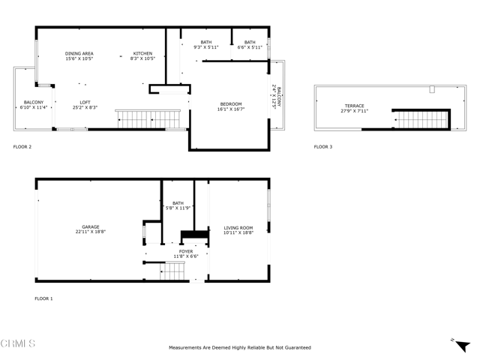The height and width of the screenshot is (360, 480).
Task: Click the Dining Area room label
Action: tap(79, 53)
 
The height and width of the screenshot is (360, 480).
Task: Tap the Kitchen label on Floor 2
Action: tap(142, 53)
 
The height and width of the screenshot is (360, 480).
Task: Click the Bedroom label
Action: tap(230, 103)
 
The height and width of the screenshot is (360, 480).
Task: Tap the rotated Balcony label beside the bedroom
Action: tap(277, 97)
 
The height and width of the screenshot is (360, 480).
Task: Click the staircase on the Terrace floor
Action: tap(421, 118)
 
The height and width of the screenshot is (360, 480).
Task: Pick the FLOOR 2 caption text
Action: tap(22, 146)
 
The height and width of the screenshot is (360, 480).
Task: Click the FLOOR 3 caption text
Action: tap(322, 146)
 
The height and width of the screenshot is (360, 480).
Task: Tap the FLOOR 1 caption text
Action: tap(43, 298)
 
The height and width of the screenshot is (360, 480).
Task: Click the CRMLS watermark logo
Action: tap(18, 344)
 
